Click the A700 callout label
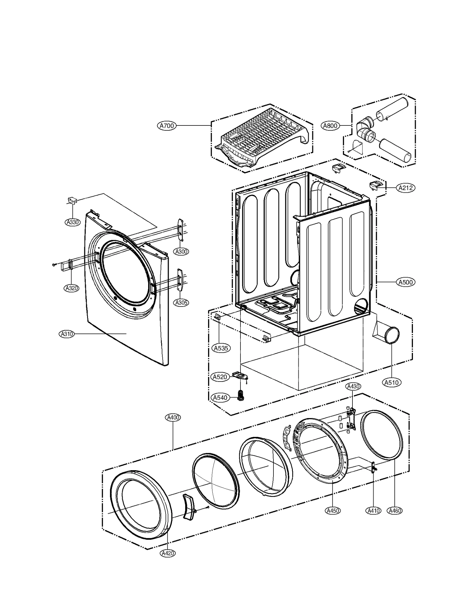coord(167,126)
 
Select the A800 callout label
coord(330,126)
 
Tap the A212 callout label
coord(405,188)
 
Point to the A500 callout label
coord(405,282)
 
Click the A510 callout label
coord(391,382)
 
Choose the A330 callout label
coord(72,222)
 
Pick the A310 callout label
coord(67,334)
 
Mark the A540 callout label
coord(220,397)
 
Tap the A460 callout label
coord(395,510)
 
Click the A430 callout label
coord(353,386)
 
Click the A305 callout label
coord(181,302)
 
